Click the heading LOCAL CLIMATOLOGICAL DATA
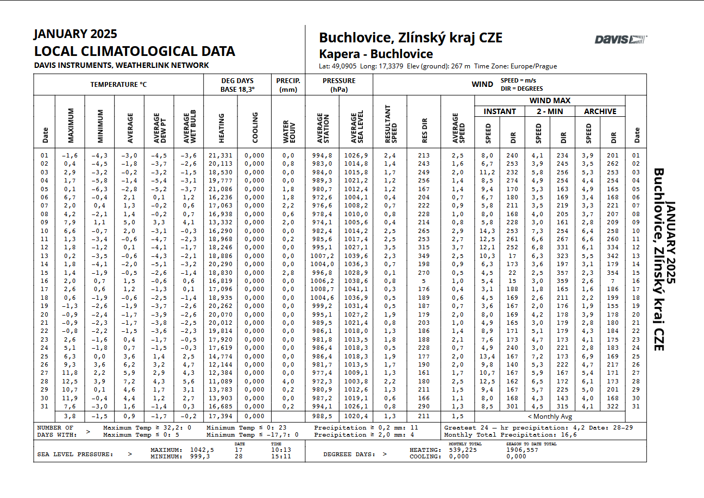pyautogui.click(x=134, y=52)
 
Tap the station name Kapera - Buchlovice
pyautogui.click(x=375, y=54)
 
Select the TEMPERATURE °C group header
pyautogui.click(x=118, y=85)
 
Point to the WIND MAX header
pyautogui.click(x=550, y=100)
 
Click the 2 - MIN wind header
pyautogui.click(x=550, y=111)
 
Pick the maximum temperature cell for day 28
pyautogui.click(x=69, y=382)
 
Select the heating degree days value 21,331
pyautogui.click(x=221, y=155)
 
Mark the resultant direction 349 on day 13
pyautogui.click(x=424, y=256)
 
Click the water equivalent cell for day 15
pyautogui.click(x=288, y=273)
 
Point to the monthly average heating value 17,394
pyautogui.click(x=221, y=417)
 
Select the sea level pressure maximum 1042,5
pyautogui.click(x=202, y=450)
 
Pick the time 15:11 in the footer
pyautogui.click(x=280, y=457)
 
